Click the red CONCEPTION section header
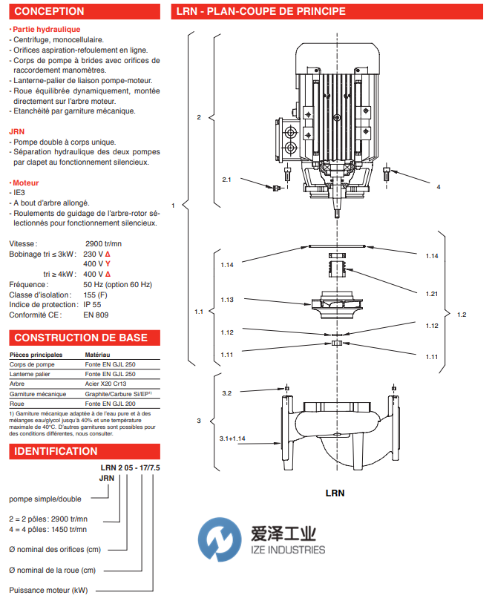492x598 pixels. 85,11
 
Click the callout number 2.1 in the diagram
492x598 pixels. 226,180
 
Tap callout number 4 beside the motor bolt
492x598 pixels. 439,187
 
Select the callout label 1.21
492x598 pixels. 432,294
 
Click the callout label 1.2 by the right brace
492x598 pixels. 462,315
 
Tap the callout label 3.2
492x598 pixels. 226,393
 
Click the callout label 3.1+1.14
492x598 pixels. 232,438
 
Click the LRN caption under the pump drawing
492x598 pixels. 335,493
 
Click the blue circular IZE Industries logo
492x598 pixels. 220,539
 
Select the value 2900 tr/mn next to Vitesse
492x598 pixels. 103,243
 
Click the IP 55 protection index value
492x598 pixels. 92,305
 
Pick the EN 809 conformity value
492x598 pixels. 96,315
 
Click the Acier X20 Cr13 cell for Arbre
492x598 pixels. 105,384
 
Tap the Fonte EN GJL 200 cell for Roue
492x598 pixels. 111,404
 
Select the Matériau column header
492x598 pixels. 97,355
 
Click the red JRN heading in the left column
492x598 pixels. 17,131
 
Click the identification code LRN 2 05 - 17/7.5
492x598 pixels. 130,467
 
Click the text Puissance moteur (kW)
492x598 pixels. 48,590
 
